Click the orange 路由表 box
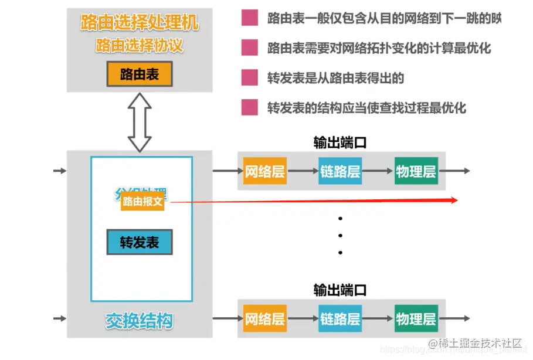pos(140,74)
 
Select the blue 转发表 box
pos(140,242)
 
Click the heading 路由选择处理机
pos(140,23)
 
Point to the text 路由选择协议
pos(140,45)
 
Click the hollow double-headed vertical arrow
pos(140,122)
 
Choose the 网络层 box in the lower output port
pos(264,319)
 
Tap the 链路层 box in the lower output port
pos(340,319)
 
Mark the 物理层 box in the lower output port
pos(416,319)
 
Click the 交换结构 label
pos(140,321)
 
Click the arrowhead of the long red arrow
pos(453,200)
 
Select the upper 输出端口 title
pos(340,142)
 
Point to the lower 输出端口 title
pos(340,290)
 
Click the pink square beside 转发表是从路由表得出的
pos(250,77)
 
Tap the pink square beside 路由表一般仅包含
pos(250,18)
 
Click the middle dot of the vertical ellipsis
pos(340,236)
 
